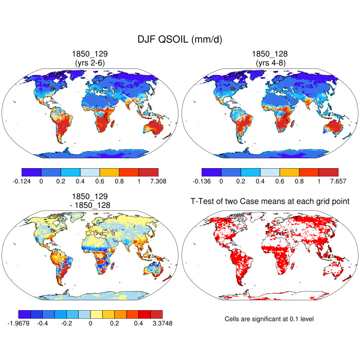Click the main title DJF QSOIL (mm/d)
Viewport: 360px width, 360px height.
(179, 40)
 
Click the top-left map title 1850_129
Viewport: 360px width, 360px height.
(91, 54)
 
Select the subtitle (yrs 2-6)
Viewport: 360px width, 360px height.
(91, 63)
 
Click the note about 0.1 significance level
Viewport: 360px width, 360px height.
(269, 319)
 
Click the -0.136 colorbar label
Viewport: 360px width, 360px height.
(203, 181)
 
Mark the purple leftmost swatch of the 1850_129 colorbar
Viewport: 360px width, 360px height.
(32, 172)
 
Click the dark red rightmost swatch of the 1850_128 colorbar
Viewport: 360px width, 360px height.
(329, 172)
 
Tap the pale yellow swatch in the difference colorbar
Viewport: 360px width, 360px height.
(96, 314)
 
